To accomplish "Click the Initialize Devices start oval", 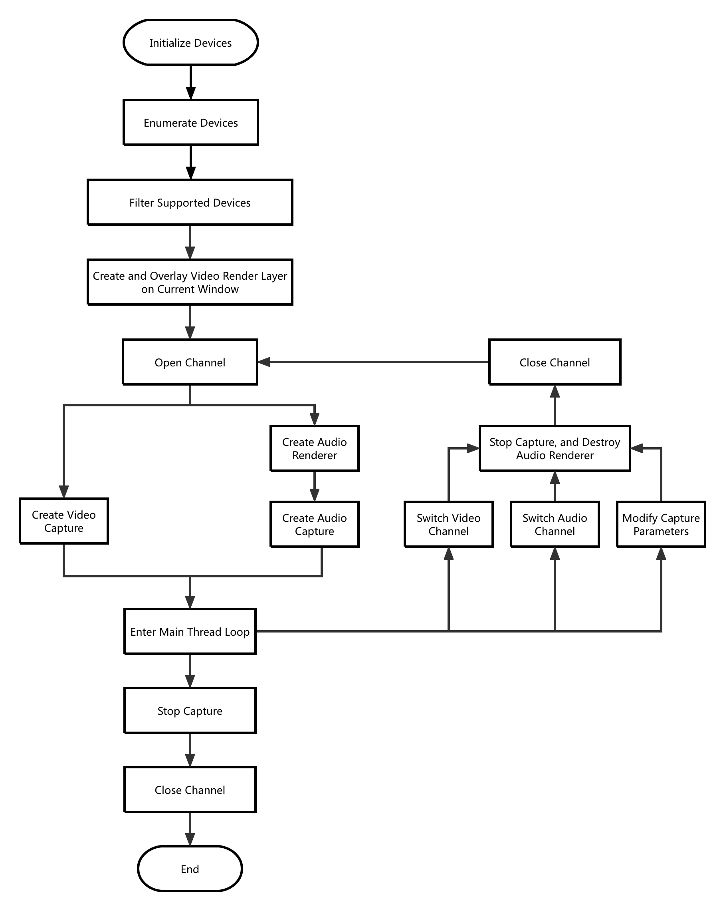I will [x=190, y=42].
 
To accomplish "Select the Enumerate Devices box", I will [x=190, y=123].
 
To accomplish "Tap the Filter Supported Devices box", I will [x=190, y=203].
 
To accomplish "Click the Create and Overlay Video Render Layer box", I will [x=190, y=282].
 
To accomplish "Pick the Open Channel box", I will [x=190, y=362].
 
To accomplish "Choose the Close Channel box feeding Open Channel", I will [x=555, y=362].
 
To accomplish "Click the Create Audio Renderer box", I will [x=314, y=448].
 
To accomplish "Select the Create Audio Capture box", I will [x=314, y=524].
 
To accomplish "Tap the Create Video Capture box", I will [x=64, y=521].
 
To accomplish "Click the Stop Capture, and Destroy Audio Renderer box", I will [x=555, y=448].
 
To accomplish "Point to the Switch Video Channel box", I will [x=448, y=524].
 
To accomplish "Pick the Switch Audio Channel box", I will [x=555, y=524].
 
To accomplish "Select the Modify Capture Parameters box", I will [x=661, y=524].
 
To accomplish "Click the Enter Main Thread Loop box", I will [x=190, y=631].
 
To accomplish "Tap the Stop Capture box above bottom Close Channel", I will [x=190, y=711].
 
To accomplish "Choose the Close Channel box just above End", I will [x=190, y=790].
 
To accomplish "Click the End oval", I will [x=190, y=869].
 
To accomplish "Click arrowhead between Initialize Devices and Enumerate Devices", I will [x=190, y=93].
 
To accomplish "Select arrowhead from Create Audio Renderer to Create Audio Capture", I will [x=314, y=495].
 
